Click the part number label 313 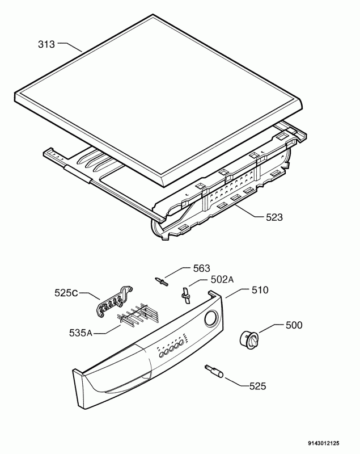(x=46, y=44)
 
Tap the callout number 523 (x=274, y=217)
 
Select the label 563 (x=201, y=268)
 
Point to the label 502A (x=222, y=279)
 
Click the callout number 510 (x=260, y=290)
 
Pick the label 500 (x=294, y=325)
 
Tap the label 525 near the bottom (x=257, y=386)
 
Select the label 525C (x=66, y=293)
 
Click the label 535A (x=81, y=333)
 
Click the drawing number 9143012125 (x=324, y=443)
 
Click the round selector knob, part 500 (x=249, y=339)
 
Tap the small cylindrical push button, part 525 (x=214, y=372)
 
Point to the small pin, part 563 (x=162, y=281)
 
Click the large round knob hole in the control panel (x=212, y=318)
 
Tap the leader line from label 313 (x=70, y=47)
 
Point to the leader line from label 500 (x=271, y=329)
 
